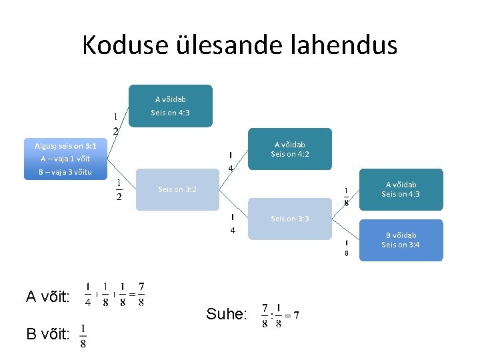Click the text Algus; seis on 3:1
tap(65, 145)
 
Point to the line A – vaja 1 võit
tap(65, 159)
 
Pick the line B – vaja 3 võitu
tap(65, 173)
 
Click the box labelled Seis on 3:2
tap(177, 189)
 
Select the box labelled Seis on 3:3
tap(289, 219)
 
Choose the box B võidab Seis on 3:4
tap(401, 240)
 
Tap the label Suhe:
tap(226, 314)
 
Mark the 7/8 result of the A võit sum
tap(141, 294)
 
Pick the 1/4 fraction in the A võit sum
tap(89, 294)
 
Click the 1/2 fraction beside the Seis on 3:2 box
tap(119, 189)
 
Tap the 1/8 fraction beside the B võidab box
tap(347, 247)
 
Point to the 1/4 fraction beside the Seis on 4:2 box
tap(230, 161)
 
